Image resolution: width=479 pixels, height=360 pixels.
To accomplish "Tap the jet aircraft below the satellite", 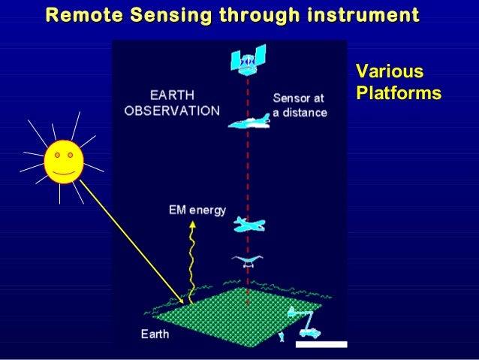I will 249,122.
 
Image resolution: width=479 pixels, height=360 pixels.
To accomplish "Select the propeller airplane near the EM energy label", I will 249,224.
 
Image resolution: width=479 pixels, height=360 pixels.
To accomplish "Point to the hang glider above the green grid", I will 247,261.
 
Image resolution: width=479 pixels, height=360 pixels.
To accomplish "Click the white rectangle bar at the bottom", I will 321,344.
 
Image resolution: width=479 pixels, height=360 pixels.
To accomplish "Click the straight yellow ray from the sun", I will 132,242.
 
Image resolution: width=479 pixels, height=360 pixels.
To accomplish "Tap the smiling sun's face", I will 63,162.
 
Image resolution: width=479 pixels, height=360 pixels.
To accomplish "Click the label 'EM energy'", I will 197,210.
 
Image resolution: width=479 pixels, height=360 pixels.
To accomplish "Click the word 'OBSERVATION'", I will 172,110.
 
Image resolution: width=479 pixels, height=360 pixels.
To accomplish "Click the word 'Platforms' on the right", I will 398,94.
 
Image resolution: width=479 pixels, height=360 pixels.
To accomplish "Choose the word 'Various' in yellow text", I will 389,73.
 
